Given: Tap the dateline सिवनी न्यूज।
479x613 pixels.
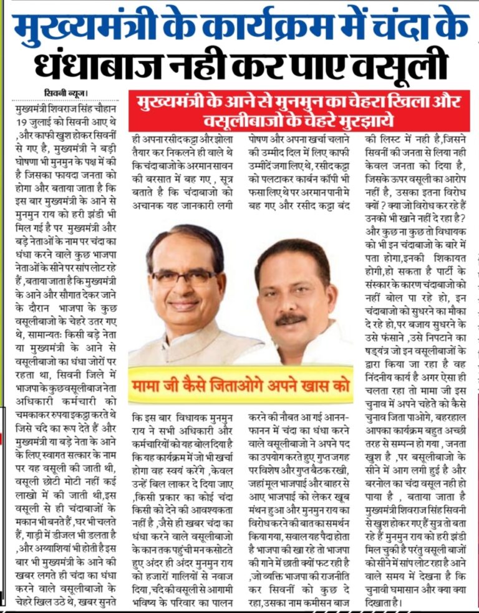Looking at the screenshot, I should pos(60,94).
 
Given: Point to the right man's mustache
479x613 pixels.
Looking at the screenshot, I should pos(291,320).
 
